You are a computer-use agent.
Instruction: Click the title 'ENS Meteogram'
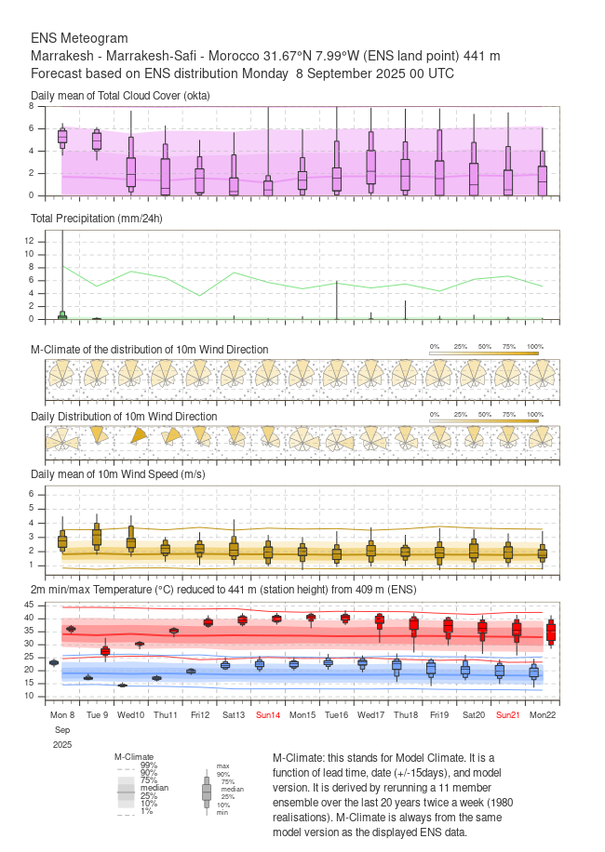click(x=79, y=39)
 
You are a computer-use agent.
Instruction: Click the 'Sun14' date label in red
click(x=268, y=714)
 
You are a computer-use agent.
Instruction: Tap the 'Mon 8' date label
click(x=62, y=714)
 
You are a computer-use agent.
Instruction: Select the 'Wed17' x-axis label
click(x=370, y=714)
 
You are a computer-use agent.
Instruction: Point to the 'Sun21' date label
click(x=508, y=714)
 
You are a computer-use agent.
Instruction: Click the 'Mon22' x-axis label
click(x=543, y=714)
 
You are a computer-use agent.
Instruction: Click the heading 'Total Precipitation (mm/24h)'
click(x=97, y=219)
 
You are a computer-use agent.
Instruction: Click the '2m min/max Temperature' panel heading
click(x=223, y=590)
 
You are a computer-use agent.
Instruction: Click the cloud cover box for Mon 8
click(x=62, y=137)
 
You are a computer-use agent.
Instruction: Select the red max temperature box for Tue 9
click(x=105, y=651)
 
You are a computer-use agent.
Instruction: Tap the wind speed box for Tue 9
click(x=97, y=537)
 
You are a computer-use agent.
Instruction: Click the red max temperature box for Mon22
click(x=550, y=632)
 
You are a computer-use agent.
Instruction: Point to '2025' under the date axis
click(x=62, y=745)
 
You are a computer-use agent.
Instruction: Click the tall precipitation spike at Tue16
click(x=336, y=300)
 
